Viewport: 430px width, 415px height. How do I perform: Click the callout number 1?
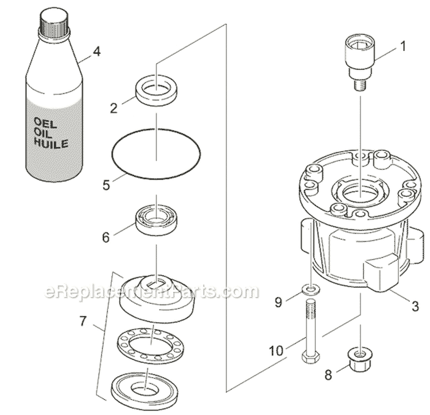[x=402, y=46]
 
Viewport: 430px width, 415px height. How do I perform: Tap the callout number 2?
[x=114, y=106]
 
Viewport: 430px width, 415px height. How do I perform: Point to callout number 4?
[x=97, y=52]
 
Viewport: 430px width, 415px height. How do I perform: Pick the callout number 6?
[x=105, y=236]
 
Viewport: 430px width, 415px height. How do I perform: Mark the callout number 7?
[x=84, y=321]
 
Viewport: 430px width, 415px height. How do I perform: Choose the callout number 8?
[x=327, y=376]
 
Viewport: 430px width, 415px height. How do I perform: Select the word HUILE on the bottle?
[x=52, y=144]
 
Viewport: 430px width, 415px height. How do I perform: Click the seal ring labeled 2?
[x=157, y=89]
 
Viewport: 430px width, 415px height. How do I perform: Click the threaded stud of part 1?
[x=360, y=85]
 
